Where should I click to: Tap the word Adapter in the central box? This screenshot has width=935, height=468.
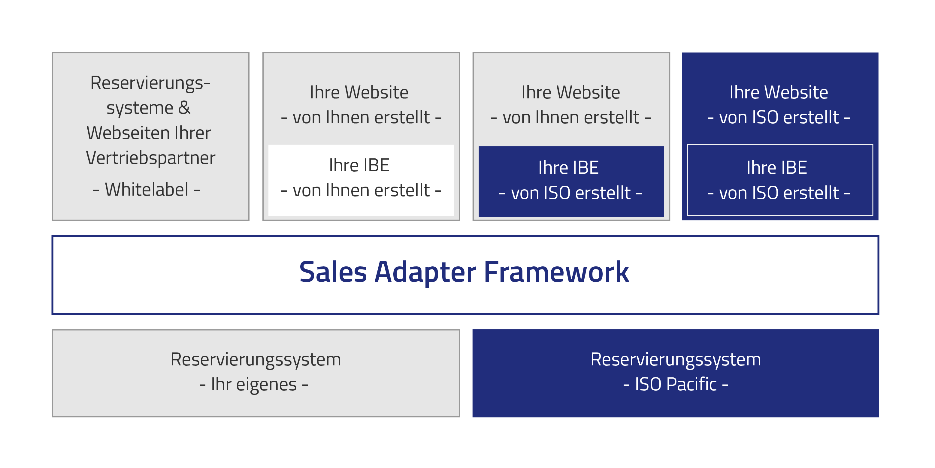(425, 272)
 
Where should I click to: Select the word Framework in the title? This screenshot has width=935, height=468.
(556, 272)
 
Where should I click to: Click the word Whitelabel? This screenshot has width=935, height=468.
(147, 189)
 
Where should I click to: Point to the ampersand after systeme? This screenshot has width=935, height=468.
(184, 108)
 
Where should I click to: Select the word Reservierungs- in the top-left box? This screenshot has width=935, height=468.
(150, 83)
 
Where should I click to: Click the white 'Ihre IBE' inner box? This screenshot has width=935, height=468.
(361, 180)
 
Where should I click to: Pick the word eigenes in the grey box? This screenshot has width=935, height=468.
(266, 385)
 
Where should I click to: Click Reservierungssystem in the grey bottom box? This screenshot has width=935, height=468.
(256, 359)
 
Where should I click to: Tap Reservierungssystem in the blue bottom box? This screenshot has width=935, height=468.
(676, 359)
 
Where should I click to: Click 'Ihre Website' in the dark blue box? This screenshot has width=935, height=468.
(779, 92)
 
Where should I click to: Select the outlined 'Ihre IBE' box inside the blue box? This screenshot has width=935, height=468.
(780, 180)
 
